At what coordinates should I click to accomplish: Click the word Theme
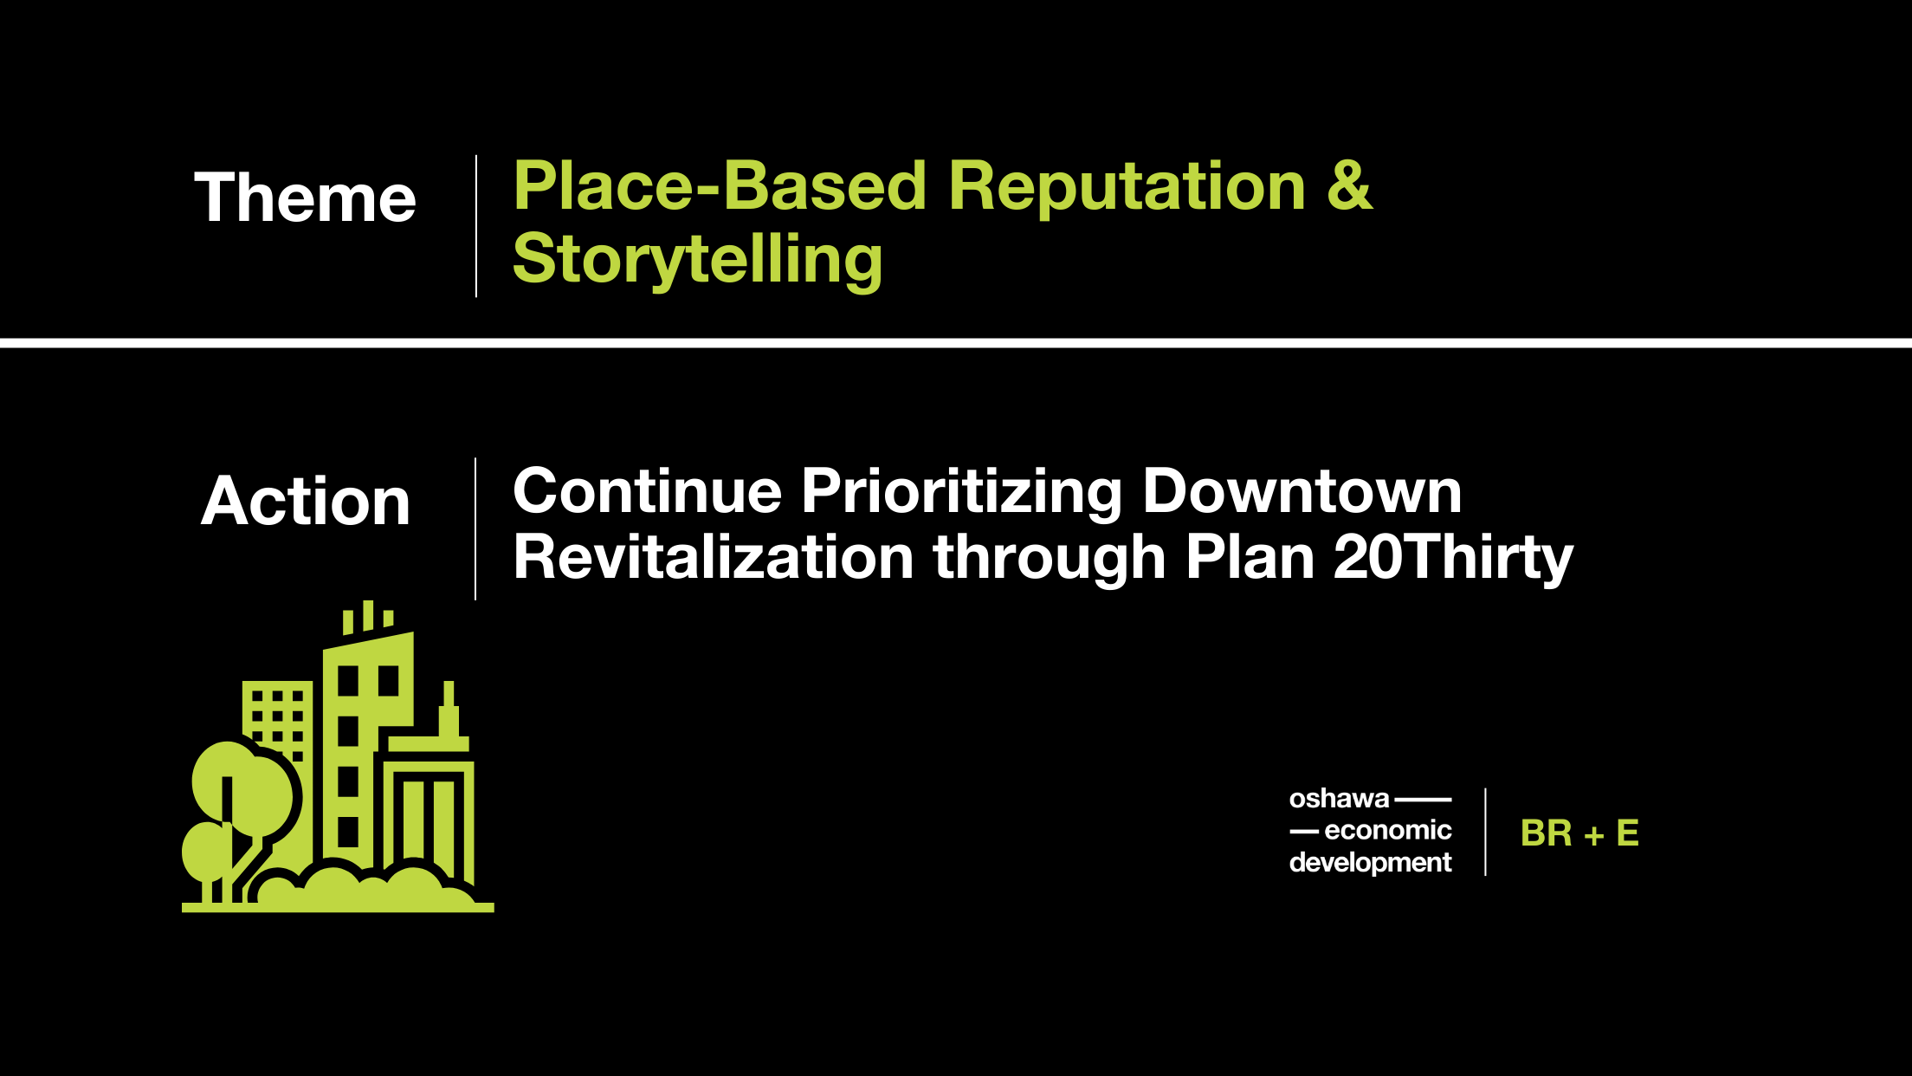click(x=305, y=198)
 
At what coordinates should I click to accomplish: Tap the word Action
click(x=306, y=501)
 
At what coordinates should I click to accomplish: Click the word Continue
click(x=648, y=490)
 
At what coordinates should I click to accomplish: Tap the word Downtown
click(x=1302, y=490)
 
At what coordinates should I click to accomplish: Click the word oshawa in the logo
click(x=1339, y=798)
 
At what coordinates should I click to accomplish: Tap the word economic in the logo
click(x=1388, y=830)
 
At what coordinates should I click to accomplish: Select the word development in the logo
click(x=1371, y=863)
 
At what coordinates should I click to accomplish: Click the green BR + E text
click(x=1579, y=833)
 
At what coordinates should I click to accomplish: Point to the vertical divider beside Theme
click(x=476, y=226)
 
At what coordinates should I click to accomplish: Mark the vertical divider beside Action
click(x=475, y=528)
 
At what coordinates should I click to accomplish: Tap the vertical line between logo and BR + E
click(x=1486, y=832)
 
